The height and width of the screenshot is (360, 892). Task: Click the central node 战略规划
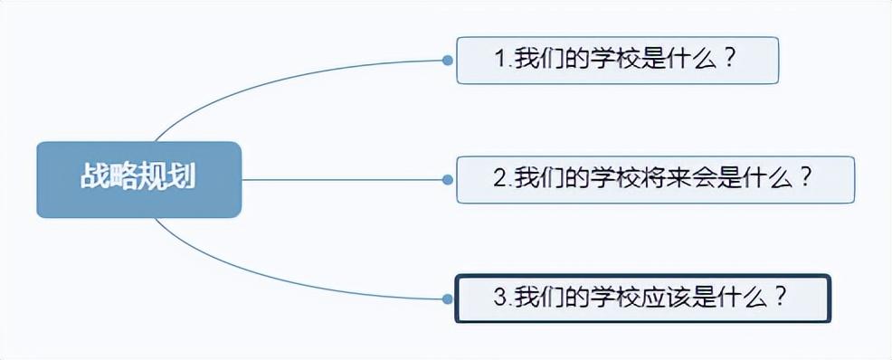coord(138,179)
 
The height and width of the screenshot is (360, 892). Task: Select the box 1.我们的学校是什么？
coord(617,60)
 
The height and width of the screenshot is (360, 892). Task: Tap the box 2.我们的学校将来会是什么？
coord(655,179)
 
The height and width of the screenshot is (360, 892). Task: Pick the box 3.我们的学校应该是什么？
coord(642,298)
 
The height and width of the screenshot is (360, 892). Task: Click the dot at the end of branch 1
coord(447,61)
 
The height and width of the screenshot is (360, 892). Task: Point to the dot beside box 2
coord(447,179)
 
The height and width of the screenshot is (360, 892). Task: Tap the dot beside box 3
coord(447,298)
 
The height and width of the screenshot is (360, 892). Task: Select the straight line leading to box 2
coord(344,179)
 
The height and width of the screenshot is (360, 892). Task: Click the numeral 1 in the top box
coord(499,60)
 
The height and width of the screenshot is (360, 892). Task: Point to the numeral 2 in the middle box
coord(499,178)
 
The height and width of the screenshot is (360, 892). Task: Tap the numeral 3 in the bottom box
coord(499,298)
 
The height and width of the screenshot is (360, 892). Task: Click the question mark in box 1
coord(730,60)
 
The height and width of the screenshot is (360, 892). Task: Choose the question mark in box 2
coord(804,178)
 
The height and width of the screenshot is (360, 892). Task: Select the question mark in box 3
coord(781,298)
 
